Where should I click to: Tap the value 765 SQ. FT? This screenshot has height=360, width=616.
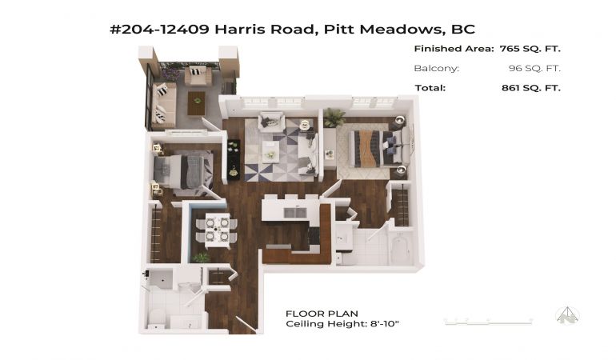(x=530, y=49)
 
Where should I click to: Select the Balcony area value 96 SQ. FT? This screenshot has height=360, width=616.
(x=534, y=68)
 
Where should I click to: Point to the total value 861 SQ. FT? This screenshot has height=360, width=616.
(x=531, y=88)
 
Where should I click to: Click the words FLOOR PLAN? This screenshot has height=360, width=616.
(x=322, y=314)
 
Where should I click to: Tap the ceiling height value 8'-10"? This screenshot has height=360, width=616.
(x=385, y=324)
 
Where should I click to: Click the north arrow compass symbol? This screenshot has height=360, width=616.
(x=568, y=315)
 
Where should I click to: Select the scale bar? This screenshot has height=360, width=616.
(x=488, y=322)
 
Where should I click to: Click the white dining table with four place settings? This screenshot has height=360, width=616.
(x=218, y=230)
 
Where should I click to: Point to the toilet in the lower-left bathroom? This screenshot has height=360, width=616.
(x=157, y=318)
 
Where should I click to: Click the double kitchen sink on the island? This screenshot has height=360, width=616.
(x=295, y=212)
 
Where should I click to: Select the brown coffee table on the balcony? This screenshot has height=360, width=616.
(x=197, y=103)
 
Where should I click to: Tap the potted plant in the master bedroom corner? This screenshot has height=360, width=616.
(x=334, y=117)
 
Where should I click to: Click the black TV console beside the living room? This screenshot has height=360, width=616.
(x=234, y=159)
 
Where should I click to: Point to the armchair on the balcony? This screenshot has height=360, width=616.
(x=198, y=74)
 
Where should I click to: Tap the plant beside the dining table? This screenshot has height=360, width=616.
(x=201, y=258)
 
